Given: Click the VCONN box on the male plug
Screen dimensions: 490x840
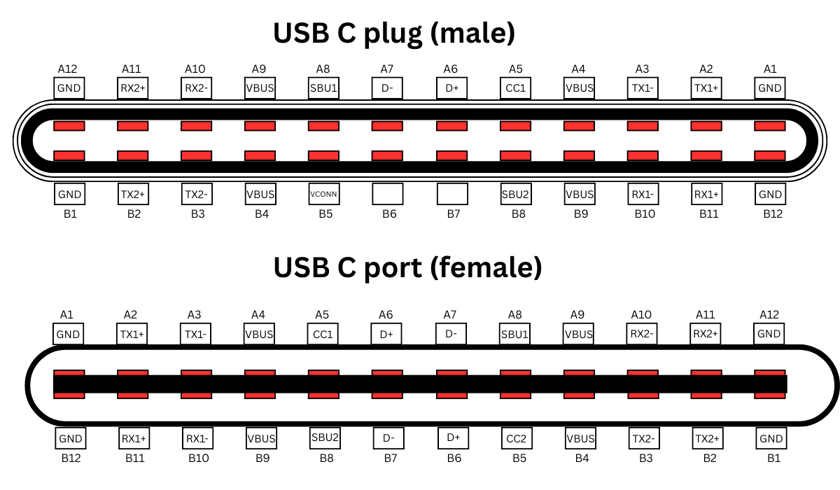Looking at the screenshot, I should pyautogui.click(x=325, y=194).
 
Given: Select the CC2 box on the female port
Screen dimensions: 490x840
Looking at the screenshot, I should pyautogui.click(x=515, y=439).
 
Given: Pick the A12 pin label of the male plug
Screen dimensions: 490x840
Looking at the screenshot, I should pyautogui.click(x=68, y=69).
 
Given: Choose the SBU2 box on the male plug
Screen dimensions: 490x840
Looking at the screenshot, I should pyautogui.click(x=516, y=194).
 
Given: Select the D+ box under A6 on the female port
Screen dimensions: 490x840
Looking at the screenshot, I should pyautogui.click(x=386, y=335).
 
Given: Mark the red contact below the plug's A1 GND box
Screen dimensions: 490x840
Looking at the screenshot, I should pyautogui.click(x=770, y=126).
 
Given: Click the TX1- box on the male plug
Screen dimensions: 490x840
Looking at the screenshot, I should pyautogui.click(x=643, y=88).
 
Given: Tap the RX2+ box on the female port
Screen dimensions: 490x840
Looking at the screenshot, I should pyautogui.click(x=706, y=334).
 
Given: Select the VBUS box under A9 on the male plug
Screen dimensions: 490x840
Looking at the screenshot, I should pyautogui.click(x=260, y=88).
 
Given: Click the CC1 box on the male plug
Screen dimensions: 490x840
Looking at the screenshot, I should pyautogui.click(x=516, y=88).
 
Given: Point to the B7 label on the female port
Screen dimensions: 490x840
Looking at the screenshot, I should pyautogui.click(x=391, y=458).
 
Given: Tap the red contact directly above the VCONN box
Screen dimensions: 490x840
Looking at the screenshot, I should pyautogui.click(x=324, y=155).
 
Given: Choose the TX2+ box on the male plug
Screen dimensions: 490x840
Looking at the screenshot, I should pyautogui.click(x=133, y=194).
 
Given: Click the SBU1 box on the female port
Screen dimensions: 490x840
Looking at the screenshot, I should pyautogui.click(x=514, y=335).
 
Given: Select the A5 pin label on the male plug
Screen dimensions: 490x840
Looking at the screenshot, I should pyautogui.click(x=515, y=69).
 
